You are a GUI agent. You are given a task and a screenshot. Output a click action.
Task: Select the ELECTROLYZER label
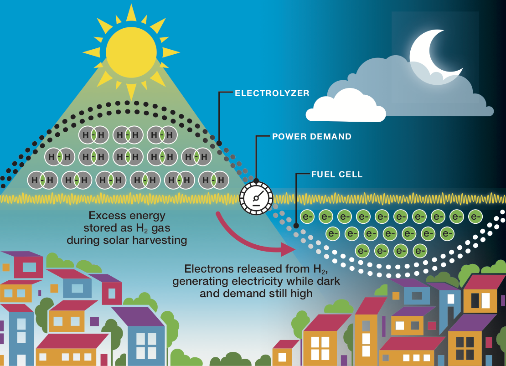click(272, 93)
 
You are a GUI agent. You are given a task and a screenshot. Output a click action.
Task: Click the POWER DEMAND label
click(312, 136)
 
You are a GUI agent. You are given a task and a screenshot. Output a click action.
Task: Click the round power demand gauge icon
click(256, 197)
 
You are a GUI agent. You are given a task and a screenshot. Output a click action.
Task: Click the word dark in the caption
click(327, 281)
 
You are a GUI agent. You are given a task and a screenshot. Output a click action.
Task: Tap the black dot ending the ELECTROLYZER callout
click(219, 143)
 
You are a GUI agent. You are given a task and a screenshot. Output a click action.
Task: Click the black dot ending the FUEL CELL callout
click(296, 225)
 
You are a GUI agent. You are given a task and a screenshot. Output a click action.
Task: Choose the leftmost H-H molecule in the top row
click(93, 134)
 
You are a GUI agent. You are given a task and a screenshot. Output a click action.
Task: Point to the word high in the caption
click(302, 293)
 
